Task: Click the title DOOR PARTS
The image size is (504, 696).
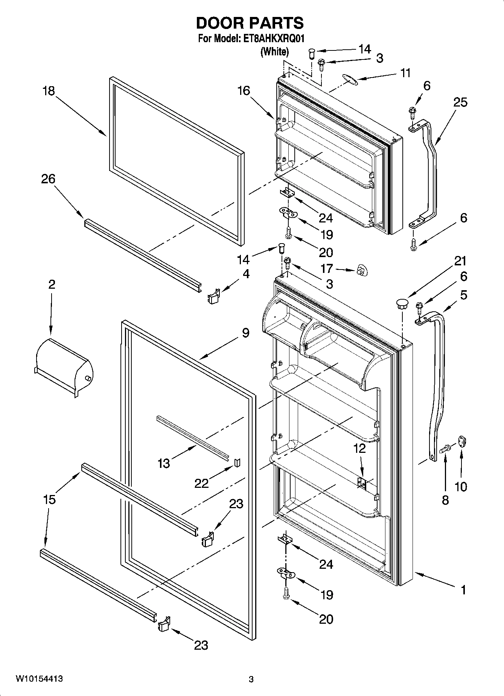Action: coord(250,23)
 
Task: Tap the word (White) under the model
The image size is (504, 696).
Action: coord(275,52)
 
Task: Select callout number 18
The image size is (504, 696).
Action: coord(49,91)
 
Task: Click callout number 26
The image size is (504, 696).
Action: coord(48,179)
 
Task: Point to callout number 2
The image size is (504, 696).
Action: coord(52,284)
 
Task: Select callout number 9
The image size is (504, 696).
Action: coord(245,333)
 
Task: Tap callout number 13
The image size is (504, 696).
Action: coord(164,463)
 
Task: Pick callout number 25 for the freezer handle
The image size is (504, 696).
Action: coord(460,102)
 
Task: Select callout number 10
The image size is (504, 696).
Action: coord(461,487)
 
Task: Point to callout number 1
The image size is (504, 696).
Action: coord(463,589)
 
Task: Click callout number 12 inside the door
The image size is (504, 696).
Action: coord(359,448)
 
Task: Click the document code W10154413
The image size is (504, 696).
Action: coord(39,679)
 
